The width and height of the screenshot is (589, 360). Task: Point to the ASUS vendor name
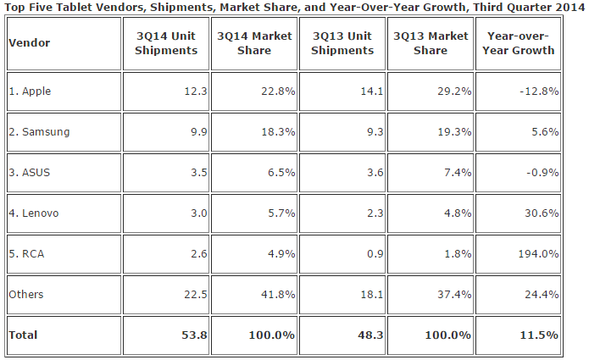click(x=30, y=172)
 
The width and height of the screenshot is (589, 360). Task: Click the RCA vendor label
click(x=27, y=253)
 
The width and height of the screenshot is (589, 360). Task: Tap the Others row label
click(x=26, y=294)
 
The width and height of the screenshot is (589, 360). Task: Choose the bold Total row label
click(x=24, y=335)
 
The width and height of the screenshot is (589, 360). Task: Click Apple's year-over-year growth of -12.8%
click(x=538, y=91)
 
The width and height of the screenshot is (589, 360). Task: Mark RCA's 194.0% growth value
click(x=538, y=253)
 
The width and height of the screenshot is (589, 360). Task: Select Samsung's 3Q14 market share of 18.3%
click(x=277, y=131)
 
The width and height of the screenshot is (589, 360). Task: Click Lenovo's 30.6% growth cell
click(x=541, y=213)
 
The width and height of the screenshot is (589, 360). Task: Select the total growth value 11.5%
click(x=540, y=335)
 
